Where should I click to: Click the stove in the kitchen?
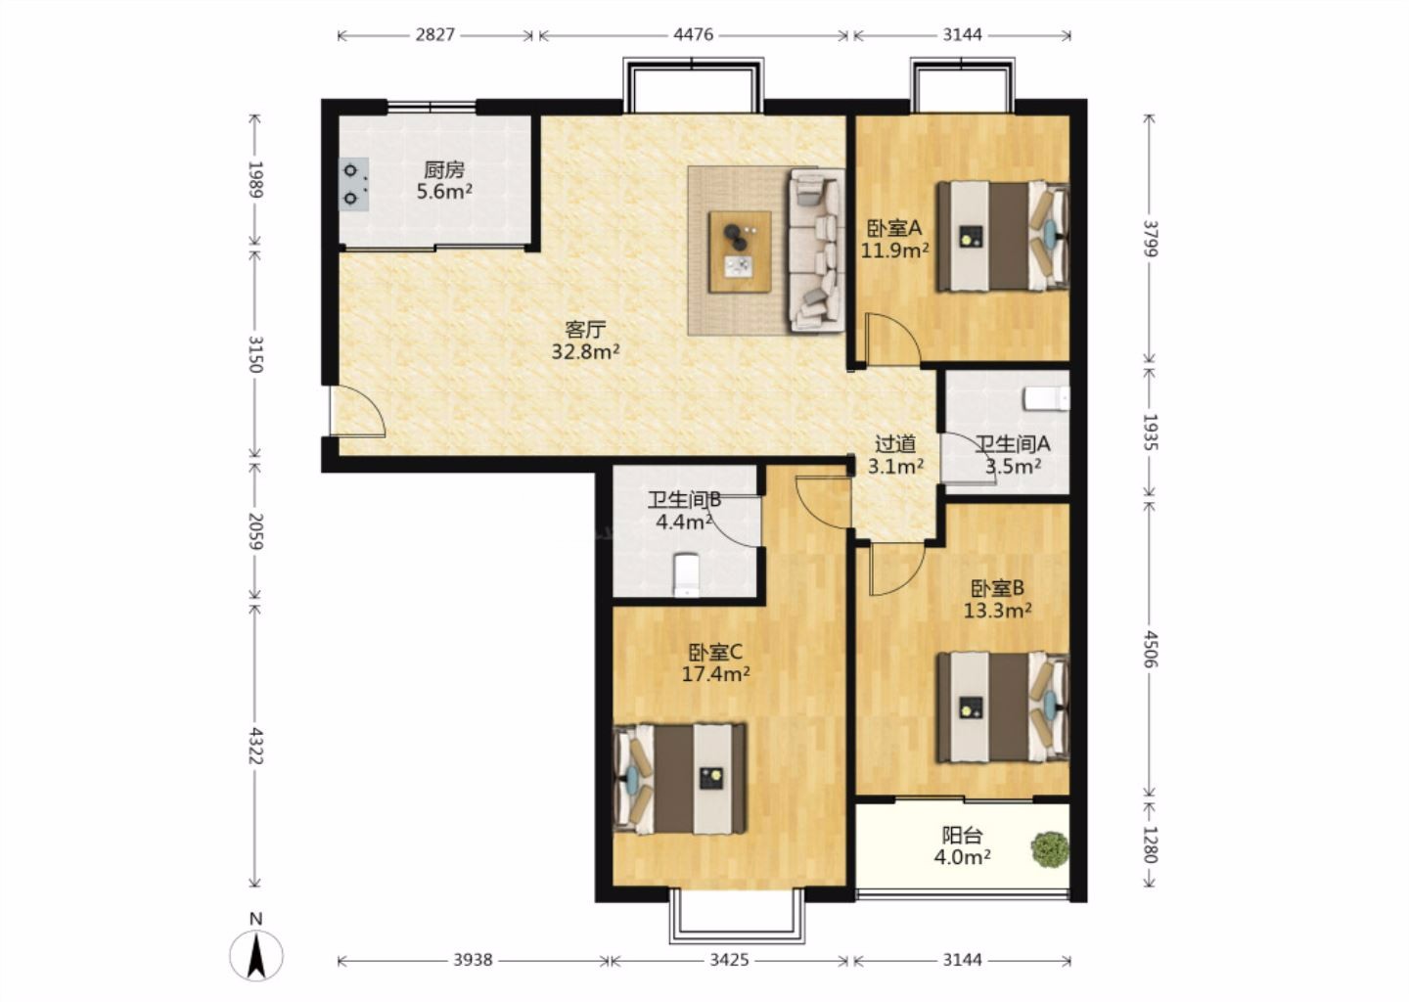(353, 184)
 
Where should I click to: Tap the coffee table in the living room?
(740, 251)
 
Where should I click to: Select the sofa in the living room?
(817, 250)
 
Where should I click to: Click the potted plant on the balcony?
(1050, 849)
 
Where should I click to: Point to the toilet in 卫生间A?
(1047, 399)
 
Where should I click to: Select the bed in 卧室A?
(1003, 236)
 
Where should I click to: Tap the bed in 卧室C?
(679, 779)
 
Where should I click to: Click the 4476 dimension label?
(693, 34)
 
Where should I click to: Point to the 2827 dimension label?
(434, 34)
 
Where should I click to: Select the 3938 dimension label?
(473, 961)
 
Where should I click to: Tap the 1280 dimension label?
(1150, 844)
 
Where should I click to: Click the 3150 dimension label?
(254, 354)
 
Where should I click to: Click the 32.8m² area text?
(585, 351)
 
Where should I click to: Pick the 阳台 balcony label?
(963, 836)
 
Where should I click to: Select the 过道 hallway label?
(895, 444)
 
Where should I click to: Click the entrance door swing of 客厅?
(358, 410)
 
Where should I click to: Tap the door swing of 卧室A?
(893, 340)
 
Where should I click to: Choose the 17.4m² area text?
(716, 674)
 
